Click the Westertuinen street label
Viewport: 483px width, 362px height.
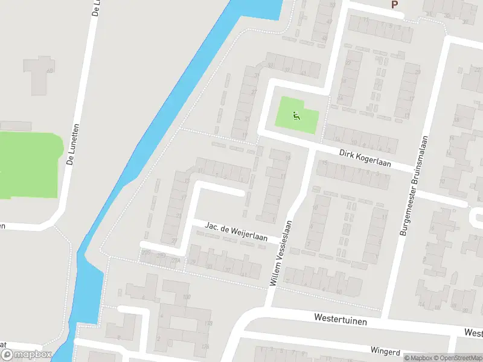[341, 320]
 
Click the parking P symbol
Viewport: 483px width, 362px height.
[395, 4]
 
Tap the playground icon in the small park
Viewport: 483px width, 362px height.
[296, 116]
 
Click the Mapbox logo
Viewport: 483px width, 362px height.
[26, 354]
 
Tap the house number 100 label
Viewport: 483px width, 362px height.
[187, 297]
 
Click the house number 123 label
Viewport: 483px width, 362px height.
[209, 325]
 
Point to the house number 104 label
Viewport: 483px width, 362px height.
[205, 346]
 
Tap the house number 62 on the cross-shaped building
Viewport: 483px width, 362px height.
[50, 71]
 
